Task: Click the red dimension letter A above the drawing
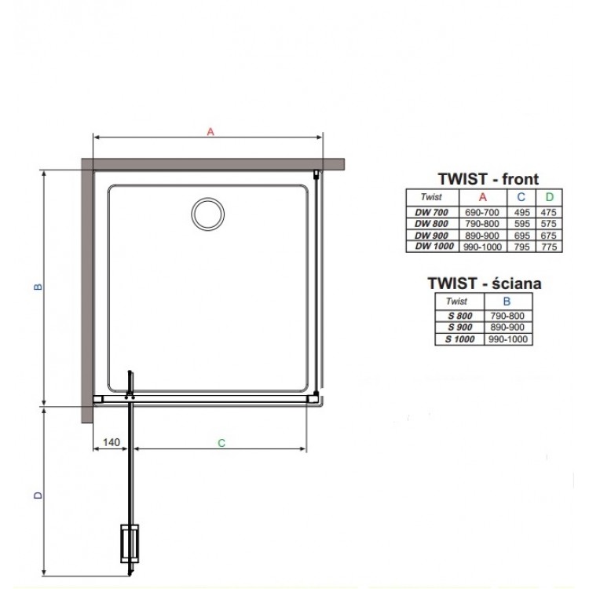click(210, 131)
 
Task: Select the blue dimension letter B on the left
click(38, 287)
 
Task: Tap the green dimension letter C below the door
click(221, 443)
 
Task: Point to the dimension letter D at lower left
click(38, 496)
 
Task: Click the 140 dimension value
click(112, 442)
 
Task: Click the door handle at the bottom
click(130, 543)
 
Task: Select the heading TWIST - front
click(488, 179)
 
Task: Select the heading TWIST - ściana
click(485, 284)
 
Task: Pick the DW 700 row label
click(432, 212)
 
